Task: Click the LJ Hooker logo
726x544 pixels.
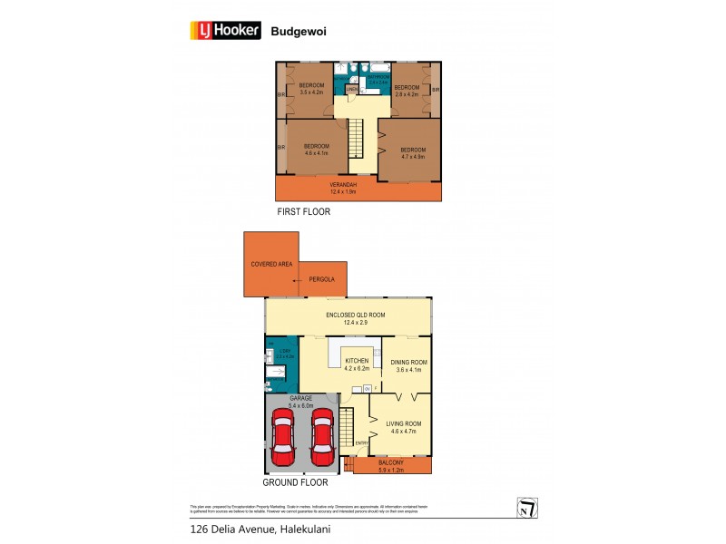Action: coord(225,31)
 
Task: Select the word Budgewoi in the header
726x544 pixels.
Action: coord(299,31)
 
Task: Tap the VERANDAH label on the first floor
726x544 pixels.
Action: coord(343,188)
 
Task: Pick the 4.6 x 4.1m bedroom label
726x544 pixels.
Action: coord(317,150)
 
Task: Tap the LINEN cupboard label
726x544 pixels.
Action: coord(351,89)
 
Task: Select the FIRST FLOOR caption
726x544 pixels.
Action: coord(304,212)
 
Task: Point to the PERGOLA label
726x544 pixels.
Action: coord(322,279)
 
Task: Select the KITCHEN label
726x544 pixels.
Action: coord(357,364)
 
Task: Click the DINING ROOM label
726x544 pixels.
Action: coord(408,365)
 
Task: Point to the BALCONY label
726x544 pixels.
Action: coord(391,465)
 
